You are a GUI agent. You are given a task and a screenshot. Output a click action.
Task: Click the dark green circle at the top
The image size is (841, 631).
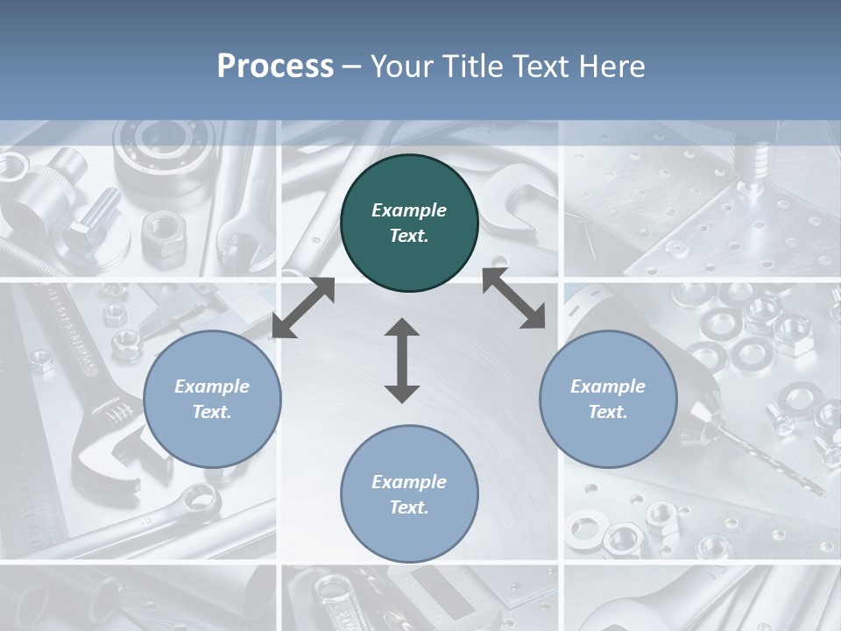point(409,223)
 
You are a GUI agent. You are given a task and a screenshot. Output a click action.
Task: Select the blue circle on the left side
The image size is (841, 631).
point(212,400)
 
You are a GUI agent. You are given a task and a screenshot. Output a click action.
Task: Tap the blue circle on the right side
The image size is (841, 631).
point(608,400)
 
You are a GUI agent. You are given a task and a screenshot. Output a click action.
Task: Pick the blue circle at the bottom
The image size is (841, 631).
point(409,494)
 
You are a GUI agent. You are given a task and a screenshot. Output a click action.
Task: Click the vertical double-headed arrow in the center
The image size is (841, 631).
point(402,360)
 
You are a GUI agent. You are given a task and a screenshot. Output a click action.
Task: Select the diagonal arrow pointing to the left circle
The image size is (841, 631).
point(303,307)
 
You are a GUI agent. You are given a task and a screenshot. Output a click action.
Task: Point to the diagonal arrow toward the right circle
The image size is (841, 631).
point(513,298)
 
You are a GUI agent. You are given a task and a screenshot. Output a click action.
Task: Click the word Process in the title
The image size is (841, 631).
point(275,67)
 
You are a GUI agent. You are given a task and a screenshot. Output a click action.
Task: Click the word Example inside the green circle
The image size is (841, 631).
point(409,210)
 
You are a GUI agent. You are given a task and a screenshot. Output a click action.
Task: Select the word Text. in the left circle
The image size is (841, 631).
point(212,412)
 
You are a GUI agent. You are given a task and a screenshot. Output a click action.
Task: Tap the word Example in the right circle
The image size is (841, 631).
point(608,386)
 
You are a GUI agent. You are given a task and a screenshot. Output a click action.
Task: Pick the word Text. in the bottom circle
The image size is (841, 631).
point(409,507)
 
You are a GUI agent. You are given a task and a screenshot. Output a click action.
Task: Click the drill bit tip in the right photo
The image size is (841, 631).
point(819,488)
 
